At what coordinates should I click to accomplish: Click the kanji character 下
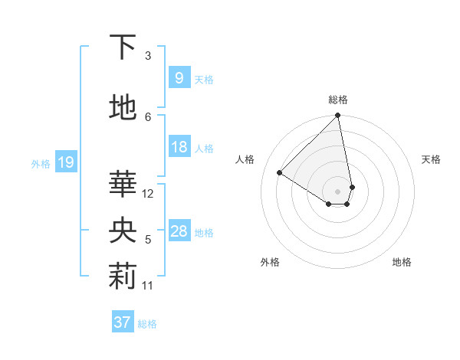point(123,47)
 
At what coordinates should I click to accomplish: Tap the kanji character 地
point(123,107)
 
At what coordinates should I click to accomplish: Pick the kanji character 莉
point(123,277)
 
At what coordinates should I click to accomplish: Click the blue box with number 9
point(179,78)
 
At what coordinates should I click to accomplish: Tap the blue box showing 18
point(179,148)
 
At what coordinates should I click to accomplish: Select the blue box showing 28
point(179,232)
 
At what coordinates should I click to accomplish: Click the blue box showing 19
point(65,162)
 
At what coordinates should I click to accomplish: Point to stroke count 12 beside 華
point(149,194)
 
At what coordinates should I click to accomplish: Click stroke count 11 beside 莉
point(148,286)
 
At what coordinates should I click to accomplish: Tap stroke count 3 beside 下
point(148,55)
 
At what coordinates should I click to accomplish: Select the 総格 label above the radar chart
point(338,100)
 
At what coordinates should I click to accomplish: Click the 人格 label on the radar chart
point(245,159)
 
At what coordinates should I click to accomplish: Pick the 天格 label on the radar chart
point(432,159)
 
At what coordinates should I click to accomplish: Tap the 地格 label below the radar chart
point(402,262)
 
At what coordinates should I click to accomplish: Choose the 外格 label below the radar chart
point(270,262)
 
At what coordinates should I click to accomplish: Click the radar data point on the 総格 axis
point(338,116)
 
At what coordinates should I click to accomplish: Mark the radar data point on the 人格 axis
point(280,173)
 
